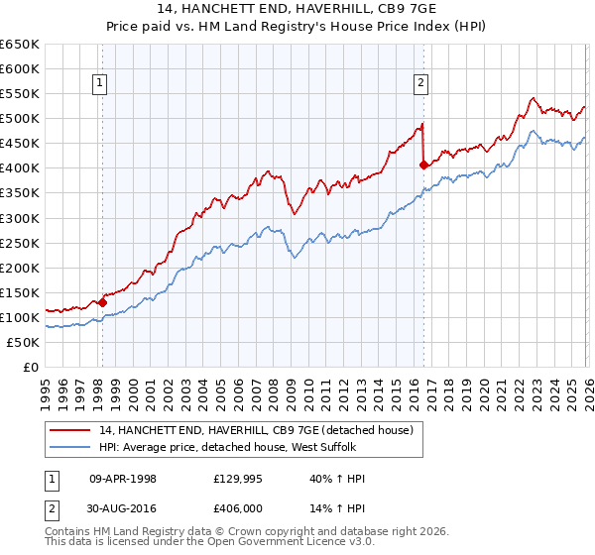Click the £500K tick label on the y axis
click(20, 119)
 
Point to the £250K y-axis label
click(20, 243)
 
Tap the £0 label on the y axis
click(30, 367)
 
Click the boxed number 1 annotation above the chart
click(102, 83)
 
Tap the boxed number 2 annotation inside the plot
click(421, 83)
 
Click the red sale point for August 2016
click(423, 165)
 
